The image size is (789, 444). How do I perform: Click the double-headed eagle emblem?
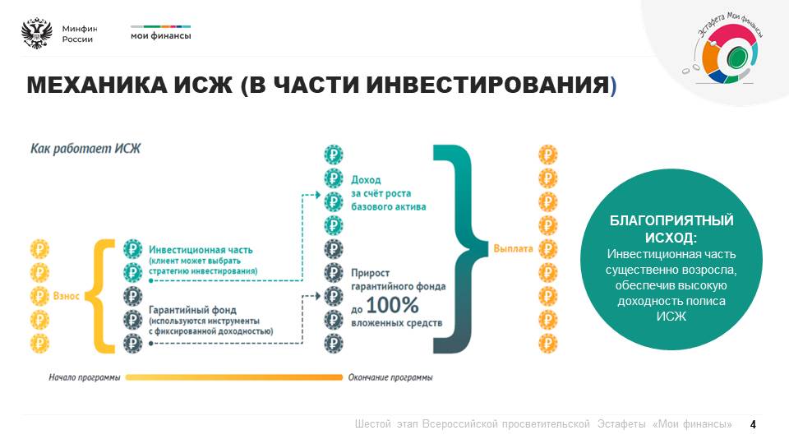pos(37,34)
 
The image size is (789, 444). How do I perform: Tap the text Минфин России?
pos(80,34)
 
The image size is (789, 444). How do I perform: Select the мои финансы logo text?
pos(160,35)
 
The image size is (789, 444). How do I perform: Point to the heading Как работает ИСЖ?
pos(85,149)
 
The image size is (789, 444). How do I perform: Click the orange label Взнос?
pos(67,295)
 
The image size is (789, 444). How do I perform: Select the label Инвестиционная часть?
pos(201,250)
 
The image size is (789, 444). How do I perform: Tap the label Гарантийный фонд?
pos(192,310)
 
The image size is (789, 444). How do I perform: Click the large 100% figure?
pos(393,305)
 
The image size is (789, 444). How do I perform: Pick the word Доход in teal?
pos(366,180)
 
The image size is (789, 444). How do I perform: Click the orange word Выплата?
pos(513,248)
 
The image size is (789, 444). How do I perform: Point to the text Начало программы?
pos(85,377)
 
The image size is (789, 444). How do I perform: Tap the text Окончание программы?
pos(390,377)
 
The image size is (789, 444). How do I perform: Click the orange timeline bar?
pos(234,377)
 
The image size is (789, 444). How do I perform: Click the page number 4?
pos(753,424)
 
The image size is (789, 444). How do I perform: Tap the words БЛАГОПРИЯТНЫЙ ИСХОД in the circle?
pos(671,229)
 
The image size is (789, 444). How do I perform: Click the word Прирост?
pos(371,273)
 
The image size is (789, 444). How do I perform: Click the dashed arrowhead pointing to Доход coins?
pos(317,195)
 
